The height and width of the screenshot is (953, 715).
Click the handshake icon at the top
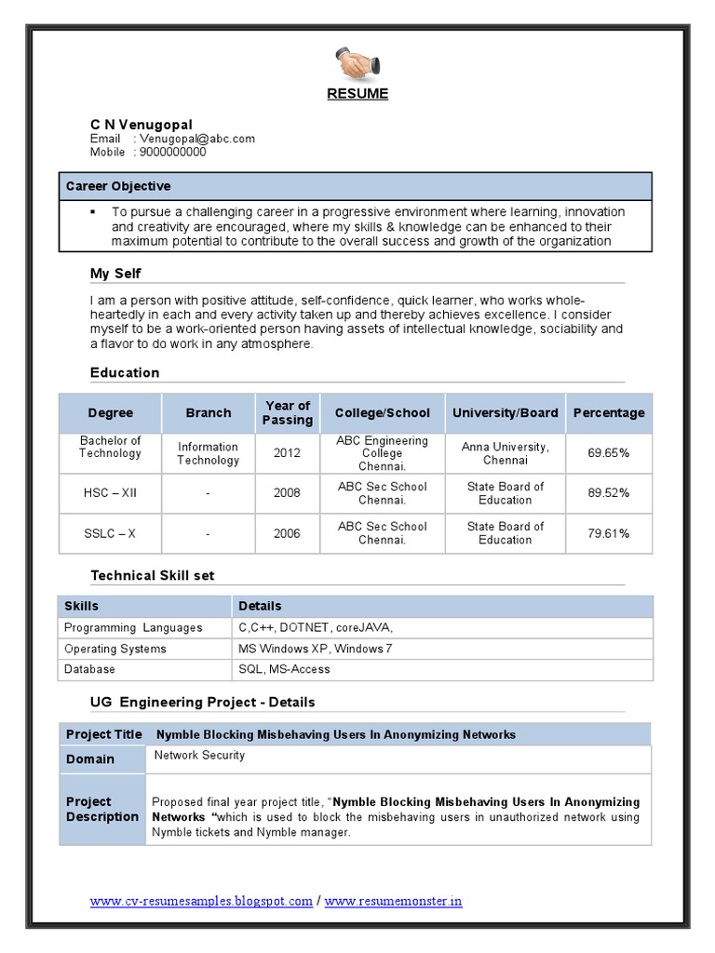tap(357, 65)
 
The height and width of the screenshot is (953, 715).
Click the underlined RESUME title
tap(357, 94)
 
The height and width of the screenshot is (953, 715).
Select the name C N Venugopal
tap(142, 125)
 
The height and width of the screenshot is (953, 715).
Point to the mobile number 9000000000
tap(172, 152)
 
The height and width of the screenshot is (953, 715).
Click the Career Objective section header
tap(118, 186)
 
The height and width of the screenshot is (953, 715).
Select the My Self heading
tap(115, 274)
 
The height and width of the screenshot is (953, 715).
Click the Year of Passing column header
tap(287, 412)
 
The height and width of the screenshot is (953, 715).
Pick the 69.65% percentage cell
tap(608, 453)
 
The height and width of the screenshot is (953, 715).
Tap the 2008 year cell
tap(287, 493)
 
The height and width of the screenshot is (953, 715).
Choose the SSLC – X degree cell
tap(110, 533)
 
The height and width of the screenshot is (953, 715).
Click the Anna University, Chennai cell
tap(506, 453)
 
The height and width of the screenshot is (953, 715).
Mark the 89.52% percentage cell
tap(608, 493)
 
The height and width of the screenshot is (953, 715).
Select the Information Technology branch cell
tap(208, 453)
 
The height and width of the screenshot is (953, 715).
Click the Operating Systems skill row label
tap(115, 649)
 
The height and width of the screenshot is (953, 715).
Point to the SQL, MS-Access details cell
tap(284, 669)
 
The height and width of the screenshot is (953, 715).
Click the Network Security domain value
tap(199, 756)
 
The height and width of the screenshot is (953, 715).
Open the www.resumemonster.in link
tap(393, 902)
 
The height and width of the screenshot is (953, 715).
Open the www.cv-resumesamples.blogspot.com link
tap(201, 902)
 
